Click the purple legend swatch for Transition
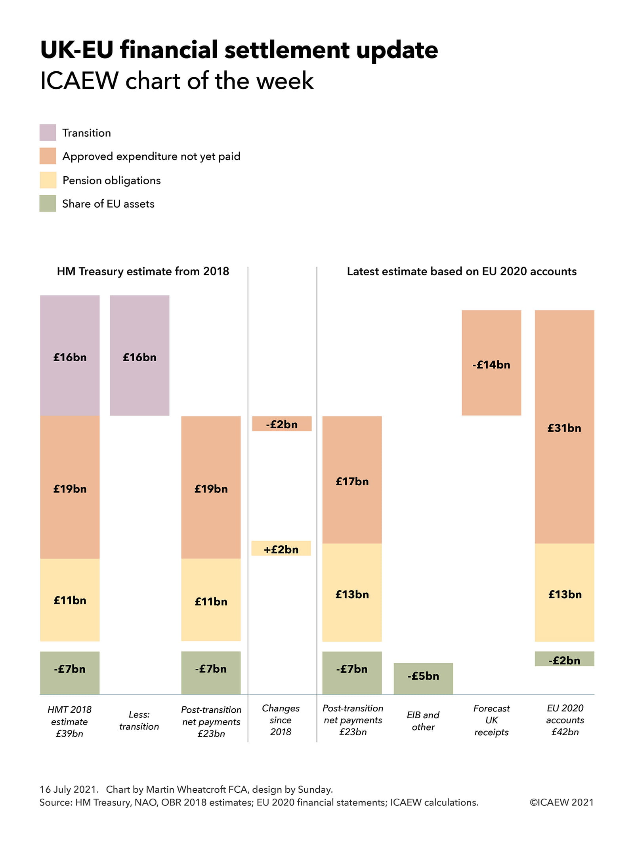[48, 132]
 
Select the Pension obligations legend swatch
[48, 180]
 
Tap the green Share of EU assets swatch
[48, 203]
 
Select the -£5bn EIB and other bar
[423, 678]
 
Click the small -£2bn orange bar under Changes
[282, 423]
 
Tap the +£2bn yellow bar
[281, 548]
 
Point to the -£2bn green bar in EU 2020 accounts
[564, 659]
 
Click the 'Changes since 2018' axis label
[281, 720]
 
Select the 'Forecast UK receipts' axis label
[491, 720]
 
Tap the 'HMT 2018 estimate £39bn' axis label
[69, 721]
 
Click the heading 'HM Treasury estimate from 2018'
[143, 271]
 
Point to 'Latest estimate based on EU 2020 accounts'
[461, 271]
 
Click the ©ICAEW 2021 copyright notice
[561, 802]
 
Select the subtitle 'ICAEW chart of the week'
[177, 81]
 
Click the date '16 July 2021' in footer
[69, 789]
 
